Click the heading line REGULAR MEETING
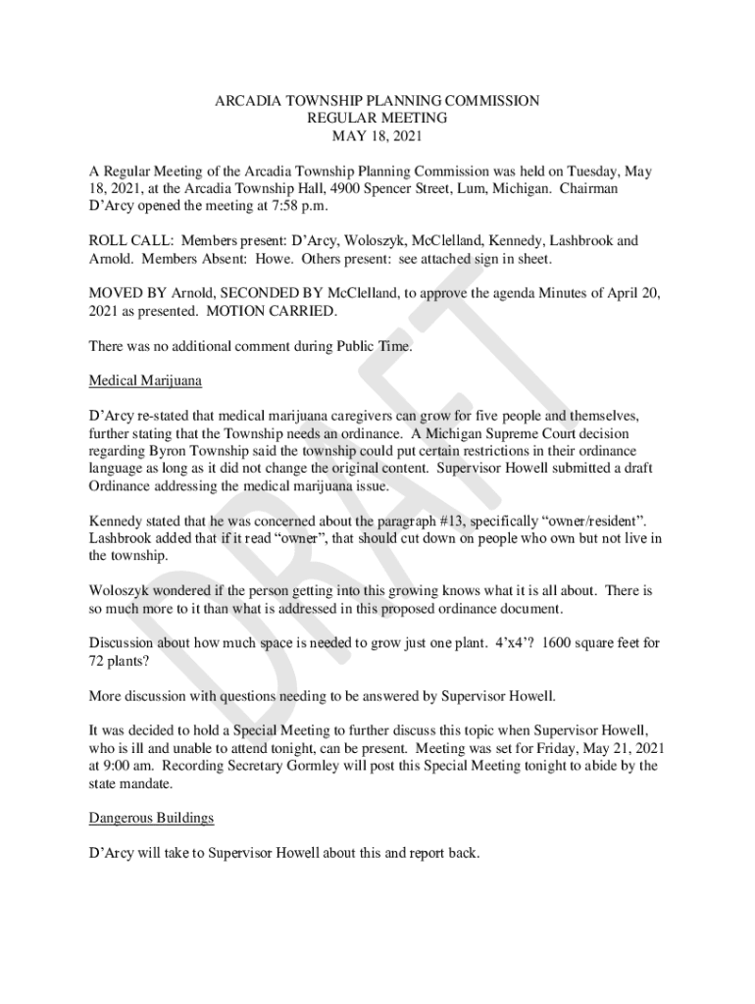click(377, 118)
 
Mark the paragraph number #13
click(435, 522)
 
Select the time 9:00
click(118, 766)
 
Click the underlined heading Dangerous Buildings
click(151, 818)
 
